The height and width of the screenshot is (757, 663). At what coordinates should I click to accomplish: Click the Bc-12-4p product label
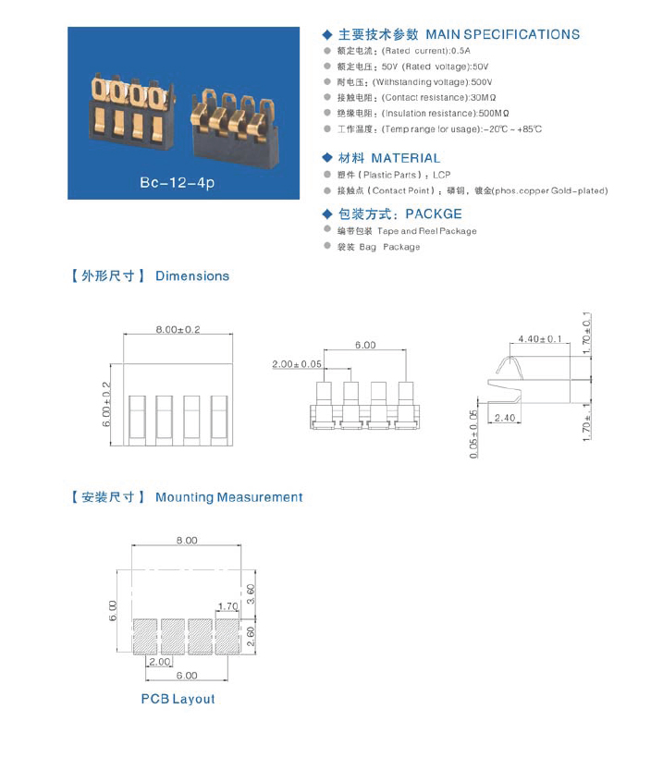coord(177,183)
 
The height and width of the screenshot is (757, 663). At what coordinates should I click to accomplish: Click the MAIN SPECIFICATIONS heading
coord(502,35)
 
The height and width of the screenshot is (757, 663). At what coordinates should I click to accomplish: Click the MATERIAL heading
coord(405,159)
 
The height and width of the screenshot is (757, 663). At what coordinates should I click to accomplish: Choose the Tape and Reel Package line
coord(407,231)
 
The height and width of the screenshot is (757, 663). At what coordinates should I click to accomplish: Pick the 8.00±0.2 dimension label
coord(178,330)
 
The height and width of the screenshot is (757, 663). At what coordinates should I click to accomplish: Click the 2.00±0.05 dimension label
coord(298,365)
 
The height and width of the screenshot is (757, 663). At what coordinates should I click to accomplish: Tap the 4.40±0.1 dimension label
coord(541,339)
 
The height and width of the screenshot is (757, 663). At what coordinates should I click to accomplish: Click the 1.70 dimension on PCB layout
coord(227,607)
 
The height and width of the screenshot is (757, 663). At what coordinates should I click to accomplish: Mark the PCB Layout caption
coord(178,699)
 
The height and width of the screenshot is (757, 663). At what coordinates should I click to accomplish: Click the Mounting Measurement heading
coord(228,497)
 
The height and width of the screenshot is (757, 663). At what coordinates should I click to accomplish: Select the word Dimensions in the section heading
coord(192,276)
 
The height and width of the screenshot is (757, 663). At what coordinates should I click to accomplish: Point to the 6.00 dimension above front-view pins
coord(364,345)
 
